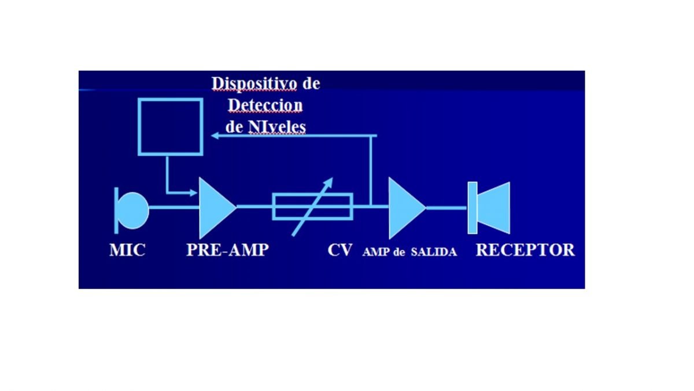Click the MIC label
click(127, 250)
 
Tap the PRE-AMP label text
click(227, 250)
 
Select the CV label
click(340, 250)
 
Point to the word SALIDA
click(434, 252)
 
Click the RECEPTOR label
click(525, 250)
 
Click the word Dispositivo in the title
click(254, 84)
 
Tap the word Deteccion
click(265, 105)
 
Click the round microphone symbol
click(132, 210)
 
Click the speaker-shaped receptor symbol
click(489, 208)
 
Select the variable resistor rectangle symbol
click(274, 207)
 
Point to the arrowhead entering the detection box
click(215, 136)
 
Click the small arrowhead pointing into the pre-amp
click(194, 193)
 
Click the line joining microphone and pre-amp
click(174, 207)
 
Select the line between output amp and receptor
click(446, 208)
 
